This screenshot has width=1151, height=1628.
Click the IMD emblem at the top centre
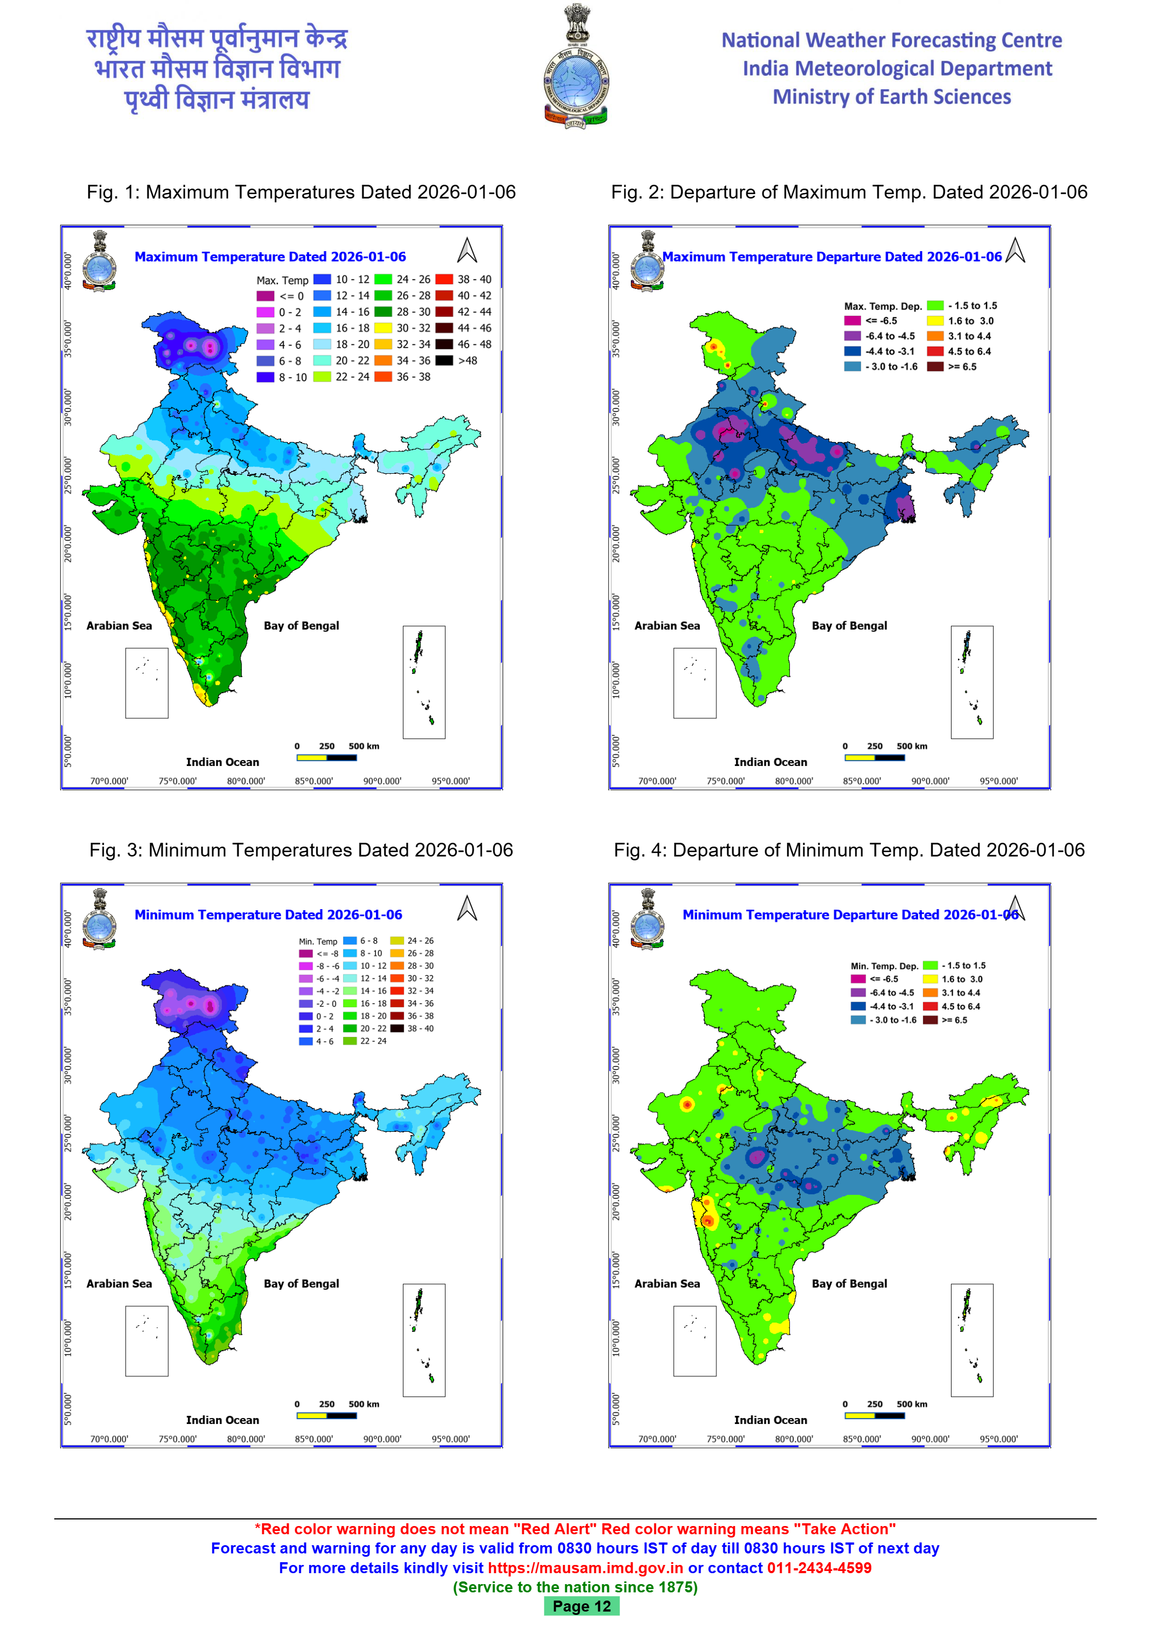coord(575,67)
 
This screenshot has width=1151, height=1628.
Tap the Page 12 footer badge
coord(581,1606)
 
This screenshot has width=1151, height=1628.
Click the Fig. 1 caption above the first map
coord(301,192)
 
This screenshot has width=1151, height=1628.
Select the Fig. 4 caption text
coord(848,850)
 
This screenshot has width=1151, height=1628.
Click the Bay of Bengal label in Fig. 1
coord(301,626)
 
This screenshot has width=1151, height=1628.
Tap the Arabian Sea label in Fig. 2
coord(667,626)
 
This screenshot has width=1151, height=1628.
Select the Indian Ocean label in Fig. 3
coord(223,1420)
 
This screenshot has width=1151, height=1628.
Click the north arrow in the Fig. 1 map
coord(466,250)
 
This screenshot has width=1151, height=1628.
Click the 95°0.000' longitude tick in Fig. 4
coord(998,1439)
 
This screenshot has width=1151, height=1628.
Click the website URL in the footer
coord(585,1568)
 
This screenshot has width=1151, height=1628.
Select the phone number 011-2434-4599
coord(819,1568)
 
